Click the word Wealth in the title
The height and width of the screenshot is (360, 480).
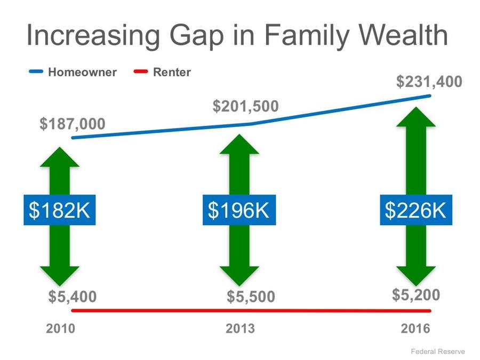pos(403,35)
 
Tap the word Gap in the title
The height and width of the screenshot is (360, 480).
pos(196,37)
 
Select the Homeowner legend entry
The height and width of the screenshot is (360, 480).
pos(73,72)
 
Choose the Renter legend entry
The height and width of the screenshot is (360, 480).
pos(162,72)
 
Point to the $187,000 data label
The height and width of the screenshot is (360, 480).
pos(73,124)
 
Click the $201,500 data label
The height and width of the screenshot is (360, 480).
pos(246,106)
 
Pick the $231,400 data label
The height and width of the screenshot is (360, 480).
pos(429,82)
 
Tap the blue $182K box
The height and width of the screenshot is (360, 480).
pos(60,210)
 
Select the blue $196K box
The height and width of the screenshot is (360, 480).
pos(239,210)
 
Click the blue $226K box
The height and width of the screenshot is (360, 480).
pos(416,210)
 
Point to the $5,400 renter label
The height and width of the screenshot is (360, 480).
pos(73,297)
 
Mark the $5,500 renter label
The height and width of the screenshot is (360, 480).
pos(251,297)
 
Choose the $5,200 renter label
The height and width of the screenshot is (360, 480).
pos(416,295)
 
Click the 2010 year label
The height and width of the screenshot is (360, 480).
pos(61,329)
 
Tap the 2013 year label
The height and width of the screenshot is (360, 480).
pos(241,329)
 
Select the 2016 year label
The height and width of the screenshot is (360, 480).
pos(415,329)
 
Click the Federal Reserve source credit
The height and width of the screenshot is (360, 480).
pos(438,351)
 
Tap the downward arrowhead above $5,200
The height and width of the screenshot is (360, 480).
pos(416,276)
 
